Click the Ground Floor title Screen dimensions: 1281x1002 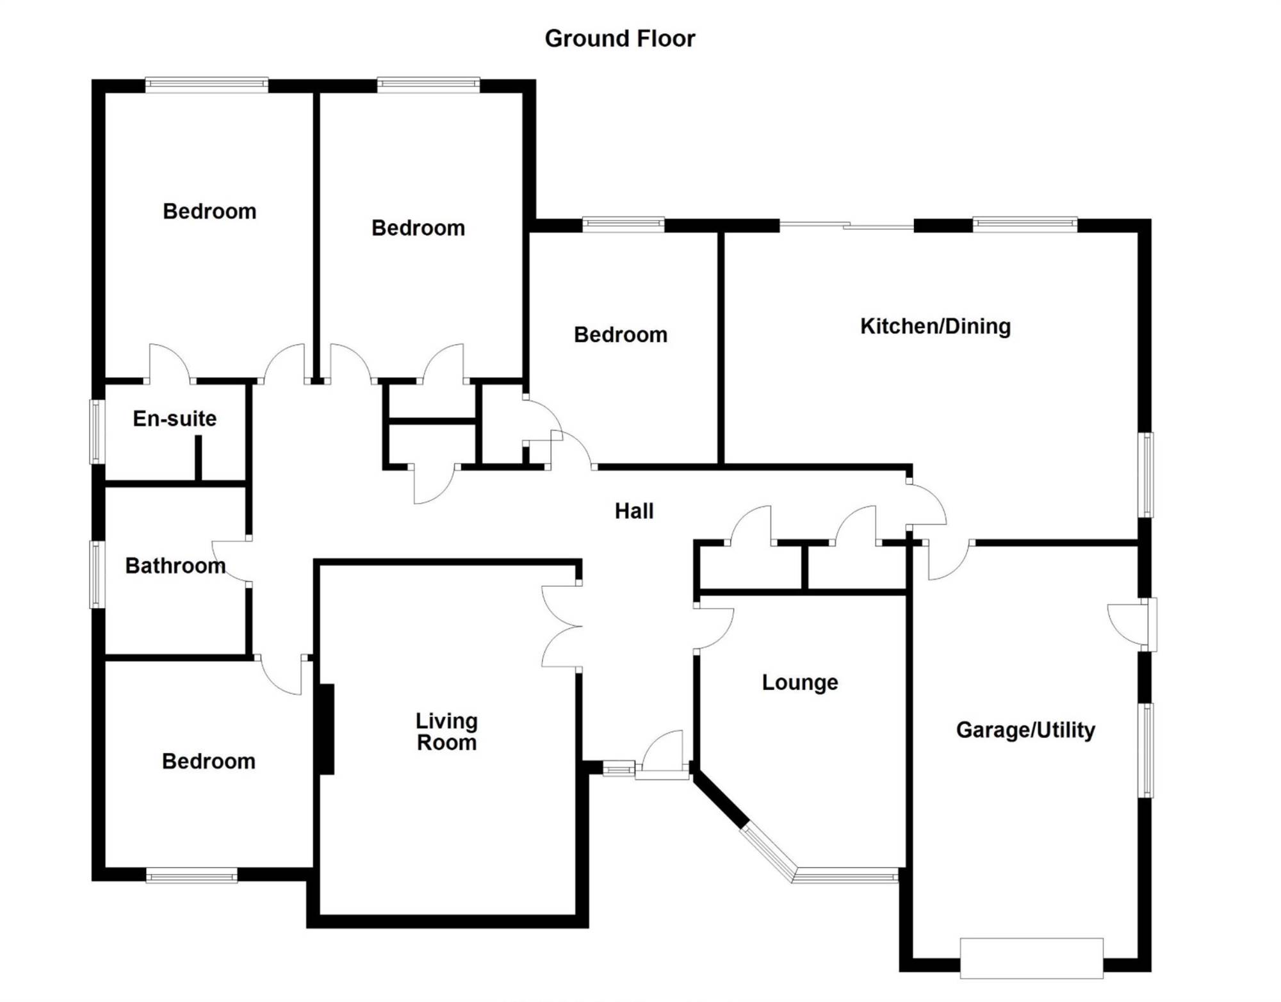619,38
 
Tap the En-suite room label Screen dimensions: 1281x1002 174,418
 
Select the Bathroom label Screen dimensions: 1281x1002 175,566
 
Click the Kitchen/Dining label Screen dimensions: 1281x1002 935,326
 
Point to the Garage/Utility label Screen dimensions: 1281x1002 1025,730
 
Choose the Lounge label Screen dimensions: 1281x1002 800,682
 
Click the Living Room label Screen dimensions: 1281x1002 446,732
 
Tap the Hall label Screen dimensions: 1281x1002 634,511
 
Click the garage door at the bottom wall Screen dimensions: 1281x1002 1031,958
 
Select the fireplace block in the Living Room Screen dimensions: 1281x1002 327,729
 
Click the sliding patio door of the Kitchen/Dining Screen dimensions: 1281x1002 846,225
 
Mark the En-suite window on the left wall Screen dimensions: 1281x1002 97,432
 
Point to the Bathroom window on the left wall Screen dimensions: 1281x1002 97,574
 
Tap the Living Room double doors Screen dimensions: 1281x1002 562,627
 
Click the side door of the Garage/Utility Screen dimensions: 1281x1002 1132,625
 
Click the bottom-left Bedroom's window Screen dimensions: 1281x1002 192,875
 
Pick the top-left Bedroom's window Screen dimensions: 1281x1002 206,85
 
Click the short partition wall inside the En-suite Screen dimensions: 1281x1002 199,458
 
